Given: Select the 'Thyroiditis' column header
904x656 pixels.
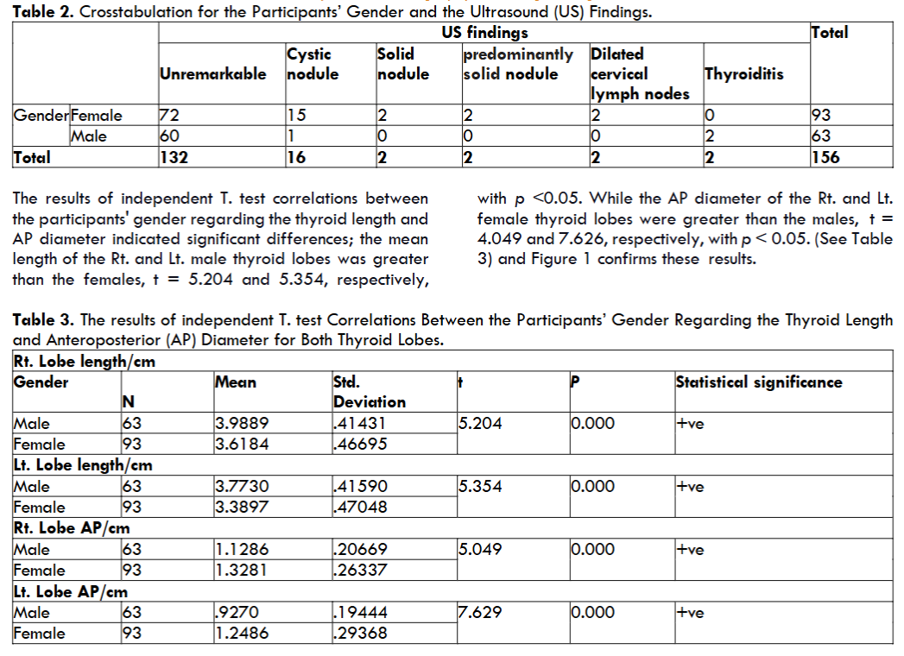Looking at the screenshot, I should [744, 73].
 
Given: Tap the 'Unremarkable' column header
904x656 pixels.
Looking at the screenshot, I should [213, 73].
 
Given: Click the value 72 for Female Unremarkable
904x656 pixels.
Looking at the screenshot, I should [169, 116].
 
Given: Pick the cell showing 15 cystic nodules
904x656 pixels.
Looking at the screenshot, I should [297, 116].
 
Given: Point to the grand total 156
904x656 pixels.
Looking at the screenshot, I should [825, 157].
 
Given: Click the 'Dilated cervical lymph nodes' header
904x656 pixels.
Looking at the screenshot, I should [640, 73].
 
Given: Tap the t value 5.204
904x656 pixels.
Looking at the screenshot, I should [480, 424].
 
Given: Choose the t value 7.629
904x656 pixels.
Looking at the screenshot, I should [480, 613].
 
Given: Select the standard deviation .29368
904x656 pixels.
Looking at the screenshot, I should [361, 634].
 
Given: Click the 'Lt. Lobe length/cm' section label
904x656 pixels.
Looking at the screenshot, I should [83, 465].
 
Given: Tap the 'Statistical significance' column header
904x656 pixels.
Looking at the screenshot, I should [759, 382].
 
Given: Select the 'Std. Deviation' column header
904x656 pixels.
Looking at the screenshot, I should [369, 392].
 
